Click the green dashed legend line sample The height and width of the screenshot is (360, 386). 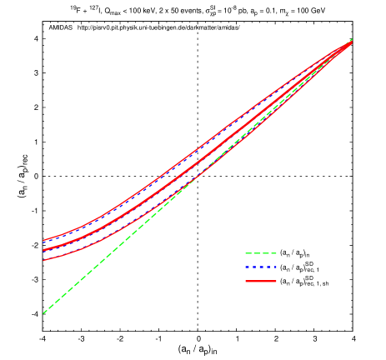(260, 253)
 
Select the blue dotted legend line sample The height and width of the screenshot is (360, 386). (260, 267)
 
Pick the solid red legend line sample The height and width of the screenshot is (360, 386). (260, 282)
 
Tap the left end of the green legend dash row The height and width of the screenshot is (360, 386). (245, 253)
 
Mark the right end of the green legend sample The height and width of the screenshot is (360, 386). (276, 253)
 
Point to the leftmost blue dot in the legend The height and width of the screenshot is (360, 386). (247, 267)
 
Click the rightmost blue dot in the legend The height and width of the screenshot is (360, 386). (274, 267)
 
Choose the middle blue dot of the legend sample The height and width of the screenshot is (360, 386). (260, 267)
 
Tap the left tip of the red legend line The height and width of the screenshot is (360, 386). (245, 282)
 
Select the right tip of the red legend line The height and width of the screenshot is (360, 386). (276, 282)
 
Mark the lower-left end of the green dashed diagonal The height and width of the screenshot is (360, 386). (43, 312)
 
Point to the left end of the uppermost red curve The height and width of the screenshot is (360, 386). (43, 241)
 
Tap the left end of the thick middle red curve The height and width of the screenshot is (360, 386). (43, 250)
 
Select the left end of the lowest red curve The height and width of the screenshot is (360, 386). (43, 260)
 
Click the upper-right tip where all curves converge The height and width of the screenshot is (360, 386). (351, 41)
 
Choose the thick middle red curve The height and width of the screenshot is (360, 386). (167, 184)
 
